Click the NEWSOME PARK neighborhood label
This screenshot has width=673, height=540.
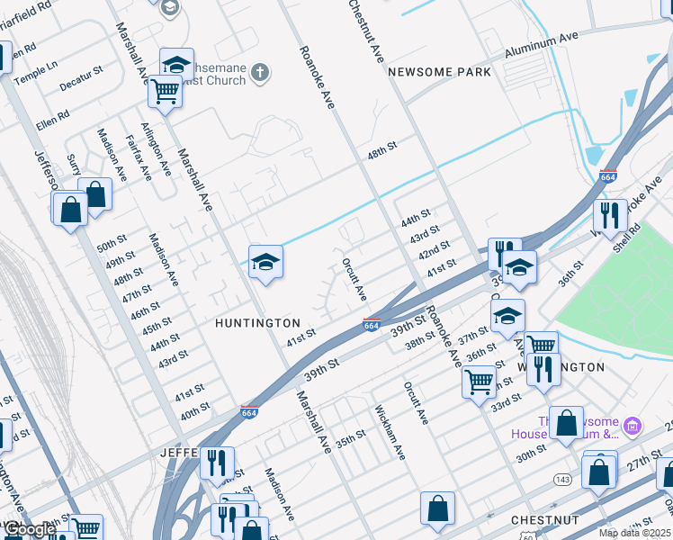[x=439, y=72]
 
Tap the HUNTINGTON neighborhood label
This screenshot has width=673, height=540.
[x=257, y=322]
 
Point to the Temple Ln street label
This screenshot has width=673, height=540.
[x=40, y=66]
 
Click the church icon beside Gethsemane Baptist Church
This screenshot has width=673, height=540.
[x=259, y=73]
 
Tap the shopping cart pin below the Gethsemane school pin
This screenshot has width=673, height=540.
[x=165, y=91]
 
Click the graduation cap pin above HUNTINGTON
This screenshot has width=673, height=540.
[x=265, y=263]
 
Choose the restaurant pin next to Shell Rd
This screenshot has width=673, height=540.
[x=610, y=216]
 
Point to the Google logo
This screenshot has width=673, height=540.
[x=29, y=529]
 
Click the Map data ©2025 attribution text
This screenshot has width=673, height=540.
[x=635, y=533]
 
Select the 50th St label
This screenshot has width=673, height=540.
[x=112, y=245]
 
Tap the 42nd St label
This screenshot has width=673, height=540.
[x=434, y=248]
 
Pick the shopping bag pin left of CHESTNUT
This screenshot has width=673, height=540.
[x=437, y=509]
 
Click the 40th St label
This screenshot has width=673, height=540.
[x=195, y=409]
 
